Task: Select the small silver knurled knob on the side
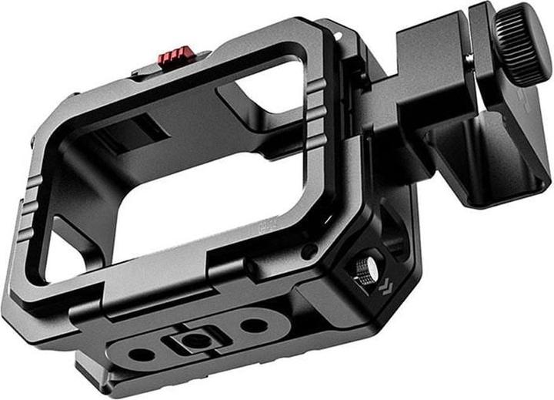(x=363, y=270)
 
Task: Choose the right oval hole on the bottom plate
(x=252, y=324)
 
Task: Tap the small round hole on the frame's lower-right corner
(x=308, y=252)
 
